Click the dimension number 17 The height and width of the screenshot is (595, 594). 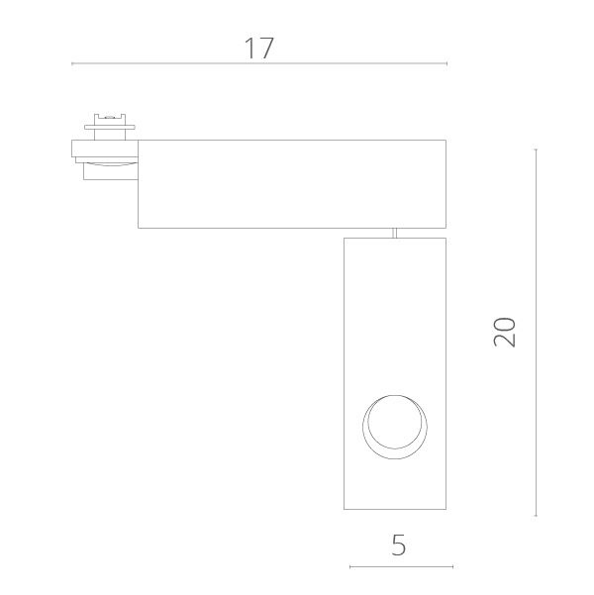259,49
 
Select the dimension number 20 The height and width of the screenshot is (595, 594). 504,332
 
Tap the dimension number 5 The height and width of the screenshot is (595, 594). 399,545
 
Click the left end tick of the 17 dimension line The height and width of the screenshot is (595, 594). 72,63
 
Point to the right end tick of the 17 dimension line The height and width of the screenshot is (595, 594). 446,63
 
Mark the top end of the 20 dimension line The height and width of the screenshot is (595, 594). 536,149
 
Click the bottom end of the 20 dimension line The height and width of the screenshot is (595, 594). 536,516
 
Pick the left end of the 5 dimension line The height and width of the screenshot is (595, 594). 349,567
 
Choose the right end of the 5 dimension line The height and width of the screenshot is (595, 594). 452,567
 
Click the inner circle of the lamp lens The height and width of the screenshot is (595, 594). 395,395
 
